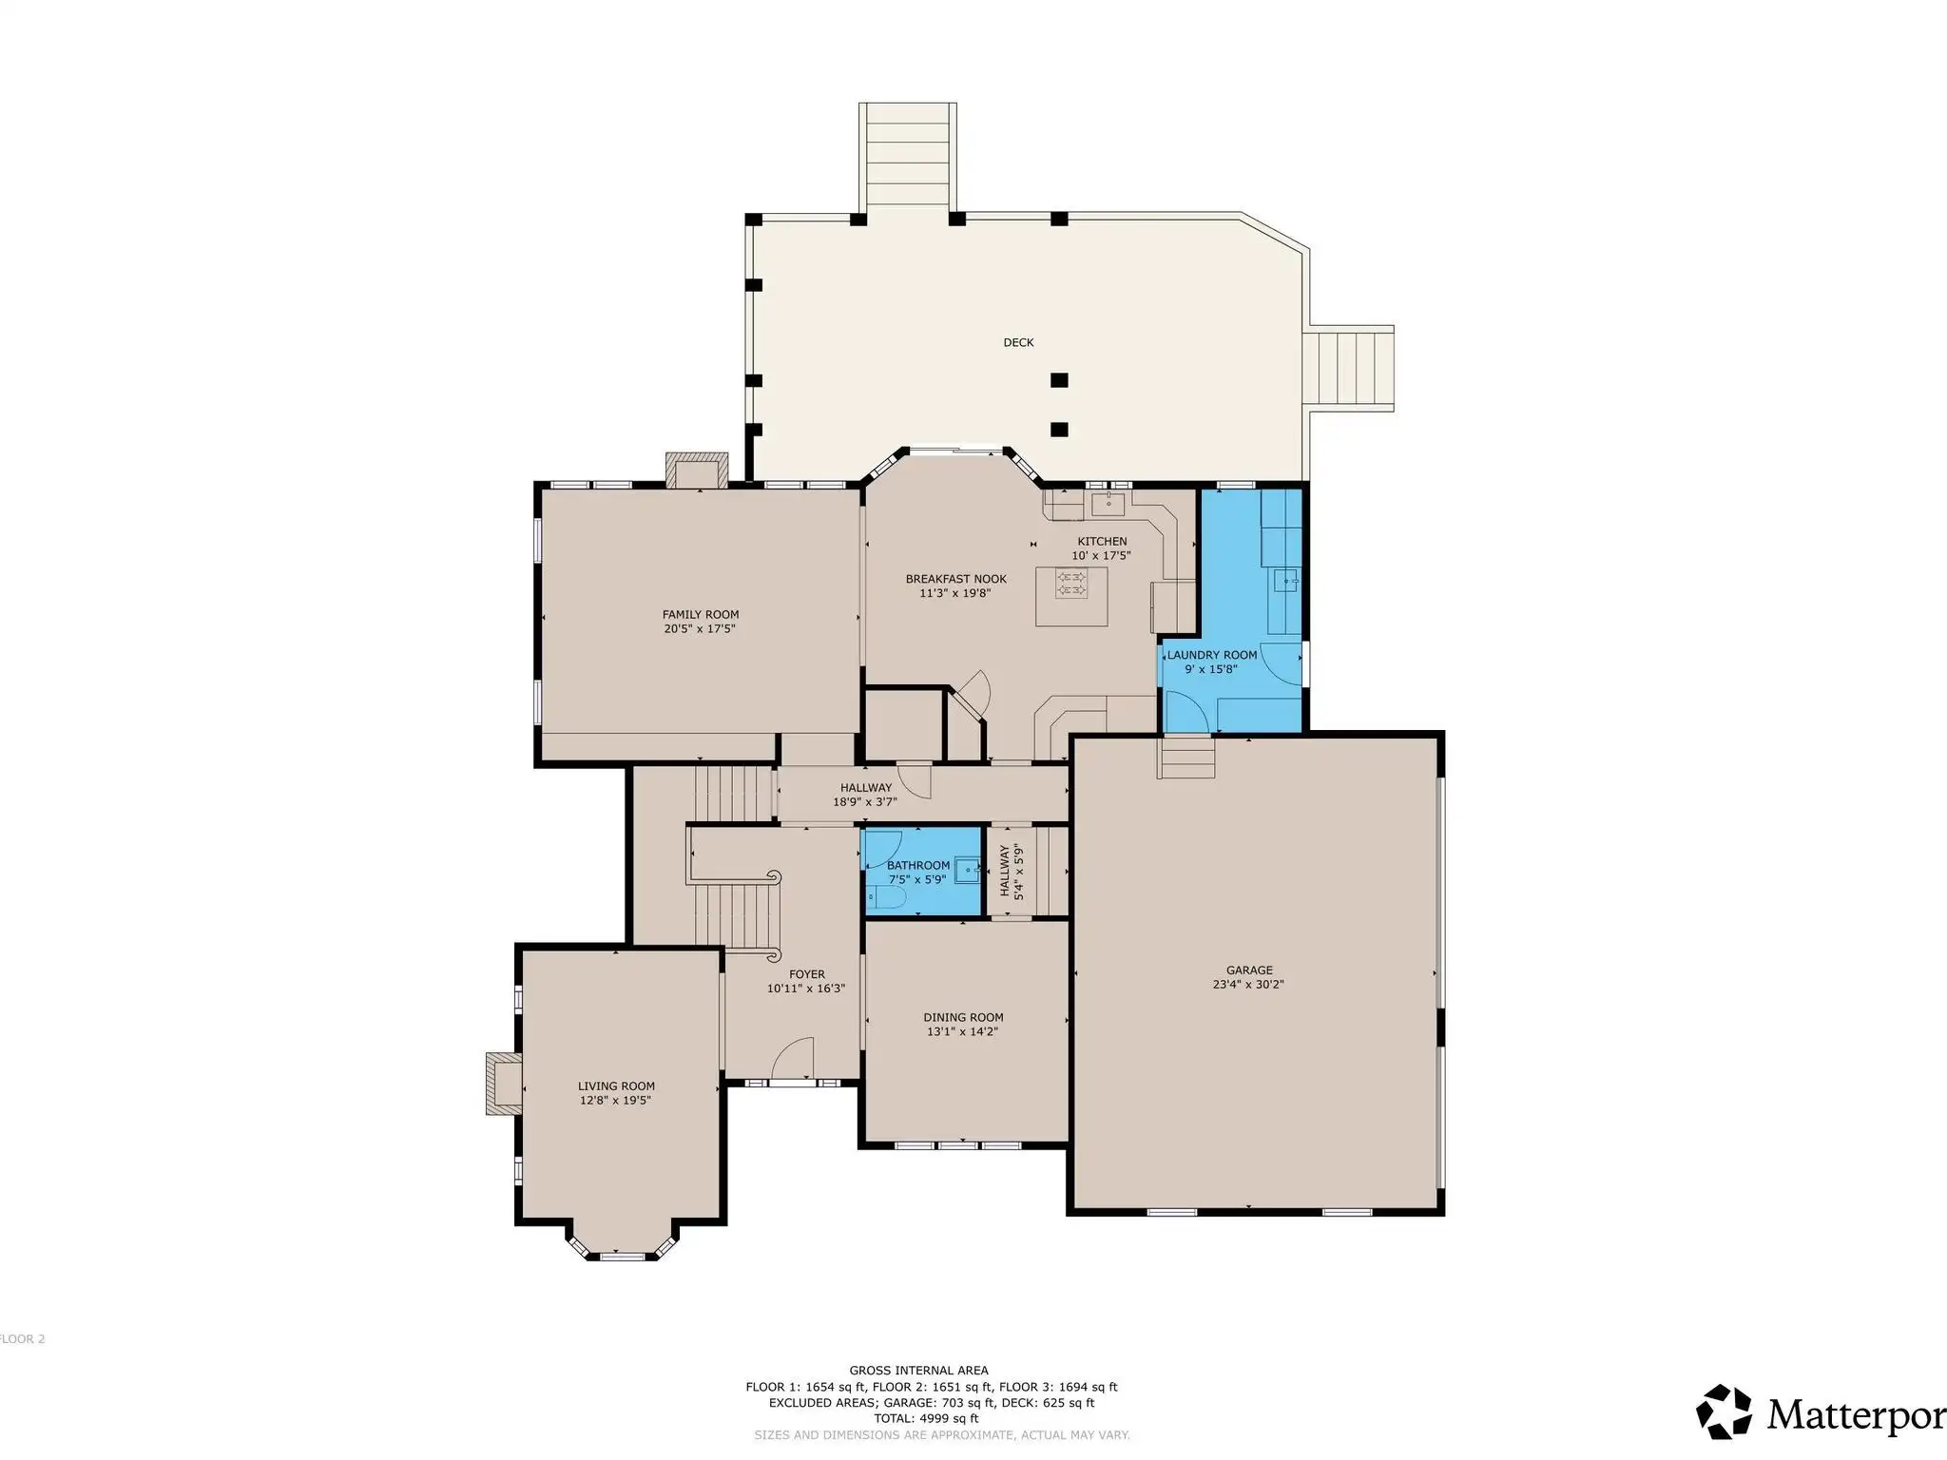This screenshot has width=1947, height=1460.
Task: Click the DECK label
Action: (1018, 342)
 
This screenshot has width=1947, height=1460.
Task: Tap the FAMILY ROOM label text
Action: (701, 614)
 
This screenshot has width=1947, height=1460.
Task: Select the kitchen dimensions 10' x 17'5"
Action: (1101, 556)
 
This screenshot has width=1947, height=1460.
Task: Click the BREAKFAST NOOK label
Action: (955, 579)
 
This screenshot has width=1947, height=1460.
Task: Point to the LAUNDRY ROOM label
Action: (1212, 655)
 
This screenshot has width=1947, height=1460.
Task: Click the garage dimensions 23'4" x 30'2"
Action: (1249, 985)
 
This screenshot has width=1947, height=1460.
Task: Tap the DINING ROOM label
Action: (963, 1017)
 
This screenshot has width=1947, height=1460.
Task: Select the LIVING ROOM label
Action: (616, 1085)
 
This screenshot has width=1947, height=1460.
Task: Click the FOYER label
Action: (806, 974)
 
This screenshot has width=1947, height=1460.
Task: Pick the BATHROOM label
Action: (918, 865)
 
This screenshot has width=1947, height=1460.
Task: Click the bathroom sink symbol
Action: (968, 868)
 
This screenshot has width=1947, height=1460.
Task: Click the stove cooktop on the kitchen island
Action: (1072, 583)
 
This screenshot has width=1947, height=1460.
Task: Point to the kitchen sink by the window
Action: (1108, 502)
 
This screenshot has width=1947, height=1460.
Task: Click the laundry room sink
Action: (1286, 580)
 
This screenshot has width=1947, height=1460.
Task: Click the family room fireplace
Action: (697, 471)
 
